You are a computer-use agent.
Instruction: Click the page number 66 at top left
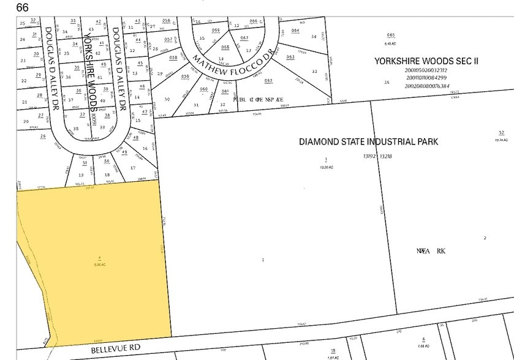(x=23, y=7)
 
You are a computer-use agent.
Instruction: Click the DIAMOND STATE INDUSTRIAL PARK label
(x=368, y=141)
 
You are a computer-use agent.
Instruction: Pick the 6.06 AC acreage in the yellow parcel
(x=99, y=264)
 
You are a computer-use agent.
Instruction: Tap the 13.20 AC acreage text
(x=325, y=167)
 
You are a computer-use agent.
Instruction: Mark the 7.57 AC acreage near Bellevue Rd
(x=333, y=358)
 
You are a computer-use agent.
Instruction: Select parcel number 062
(x=268, y=81)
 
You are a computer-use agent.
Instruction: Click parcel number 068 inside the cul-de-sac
(x=225, y=47)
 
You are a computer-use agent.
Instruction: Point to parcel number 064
(x=295, y=31)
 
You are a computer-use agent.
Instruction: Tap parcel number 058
(x=173, y=58)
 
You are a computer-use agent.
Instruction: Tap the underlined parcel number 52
(x=501, y=133)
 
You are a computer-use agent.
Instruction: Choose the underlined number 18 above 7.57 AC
(x=333, y=350)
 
